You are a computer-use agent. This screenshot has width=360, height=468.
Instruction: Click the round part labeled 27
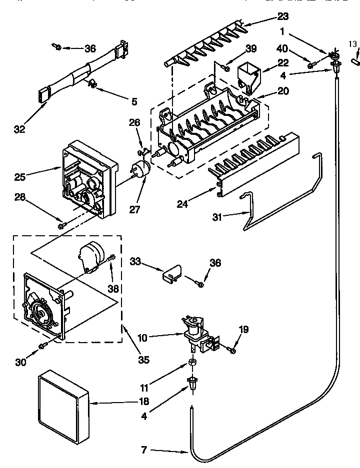coord(141,169)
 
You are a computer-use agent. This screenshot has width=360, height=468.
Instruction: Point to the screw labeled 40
coord(311,64)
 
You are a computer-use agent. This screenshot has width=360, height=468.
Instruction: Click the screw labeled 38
coord(111,258)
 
